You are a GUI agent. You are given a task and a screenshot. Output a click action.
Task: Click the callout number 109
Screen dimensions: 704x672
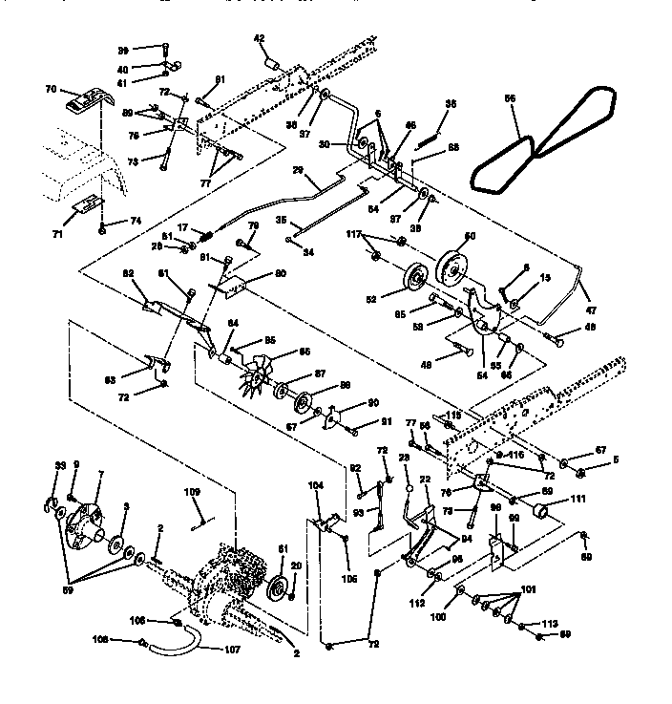(x=192, y=493)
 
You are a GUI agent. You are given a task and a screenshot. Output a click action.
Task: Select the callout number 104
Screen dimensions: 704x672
(x=317, y=485)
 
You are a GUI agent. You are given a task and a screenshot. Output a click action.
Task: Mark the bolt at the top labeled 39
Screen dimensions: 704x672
(x=163, y=49)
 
